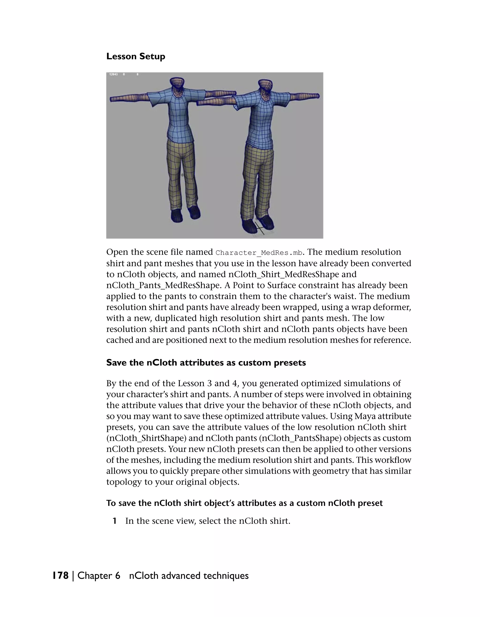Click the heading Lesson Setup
pyautogui.click(x=136, y=56)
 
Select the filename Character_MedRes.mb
pyautogui.click(x=259, y=252)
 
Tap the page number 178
pyautogui.click(x=60, y=576)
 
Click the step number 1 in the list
pyautogui.click(x=114, y=521)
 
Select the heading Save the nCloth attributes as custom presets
pyautogui.click(x=206, y=363)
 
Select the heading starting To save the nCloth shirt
pyautogui.click(x=244, y=503)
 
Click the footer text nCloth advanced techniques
pyautogui.click(x=189, y=576)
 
